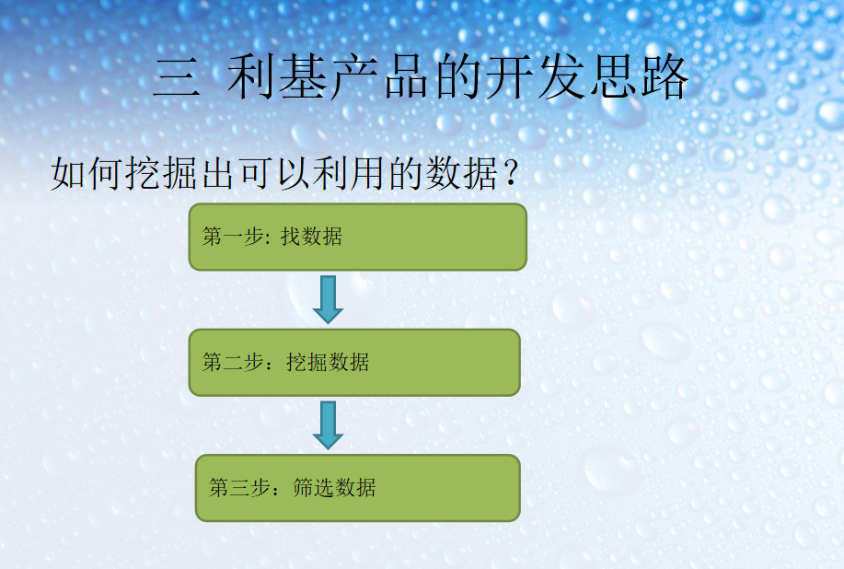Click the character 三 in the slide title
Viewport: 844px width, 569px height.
177,78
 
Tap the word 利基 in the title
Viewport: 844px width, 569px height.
278,77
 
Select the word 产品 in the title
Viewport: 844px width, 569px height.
381,77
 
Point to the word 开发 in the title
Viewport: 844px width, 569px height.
536,77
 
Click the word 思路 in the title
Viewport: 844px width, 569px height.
639,77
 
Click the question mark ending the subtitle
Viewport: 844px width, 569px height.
512,173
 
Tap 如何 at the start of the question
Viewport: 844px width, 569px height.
87,173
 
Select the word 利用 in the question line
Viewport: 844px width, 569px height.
350,173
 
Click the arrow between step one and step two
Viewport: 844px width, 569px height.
328,299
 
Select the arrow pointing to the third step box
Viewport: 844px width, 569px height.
328,424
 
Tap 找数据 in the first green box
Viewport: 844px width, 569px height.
311,237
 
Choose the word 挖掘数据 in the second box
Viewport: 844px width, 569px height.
328,362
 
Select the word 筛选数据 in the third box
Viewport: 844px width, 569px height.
334,487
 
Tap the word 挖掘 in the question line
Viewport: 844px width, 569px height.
161,173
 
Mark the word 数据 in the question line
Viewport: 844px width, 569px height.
462,173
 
